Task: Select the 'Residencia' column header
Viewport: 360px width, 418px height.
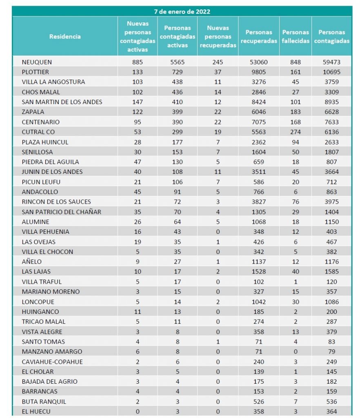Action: point(65,36)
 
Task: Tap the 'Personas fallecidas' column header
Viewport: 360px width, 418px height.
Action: point(296,36)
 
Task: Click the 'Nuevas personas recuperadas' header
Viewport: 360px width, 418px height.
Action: point(218,36)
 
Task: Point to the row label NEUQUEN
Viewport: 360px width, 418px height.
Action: point(37,62)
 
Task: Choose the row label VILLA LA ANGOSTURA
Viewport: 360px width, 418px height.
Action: point(53,82)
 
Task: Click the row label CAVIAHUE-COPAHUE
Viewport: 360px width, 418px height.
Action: point(52,362)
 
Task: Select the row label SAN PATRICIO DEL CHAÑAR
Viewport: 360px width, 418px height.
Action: point(61,211)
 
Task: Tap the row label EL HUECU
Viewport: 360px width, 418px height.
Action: point(36,411)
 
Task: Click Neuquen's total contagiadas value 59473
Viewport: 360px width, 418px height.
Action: point(332,62)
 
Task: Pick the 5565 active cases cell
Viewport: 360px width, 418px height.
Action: point(178,62)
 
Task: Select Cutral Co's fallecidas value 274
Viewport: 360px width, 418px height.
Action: point(296,132)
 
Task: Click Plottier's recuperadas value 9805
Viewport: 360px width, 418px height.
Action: point(259,72)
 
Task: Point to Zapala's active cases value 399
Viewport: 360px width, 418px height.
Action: point(178,112)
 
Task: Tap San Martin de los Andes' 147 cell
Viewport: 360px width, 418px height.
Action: point(138,102)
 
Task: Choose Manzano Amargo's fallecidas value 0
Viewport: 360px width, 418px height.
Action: point(296,351)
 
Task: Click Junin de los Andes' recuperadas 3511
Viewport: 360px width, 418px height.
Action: point(259,172)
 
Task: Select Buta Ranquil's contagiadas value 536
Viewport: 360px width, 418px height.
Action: point(332,402)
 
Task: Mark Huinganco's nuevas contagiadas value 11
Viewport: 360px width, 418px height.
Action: point(138,311)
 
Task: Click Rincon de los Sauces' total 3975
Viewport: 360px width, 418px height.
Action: point(332,202)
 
